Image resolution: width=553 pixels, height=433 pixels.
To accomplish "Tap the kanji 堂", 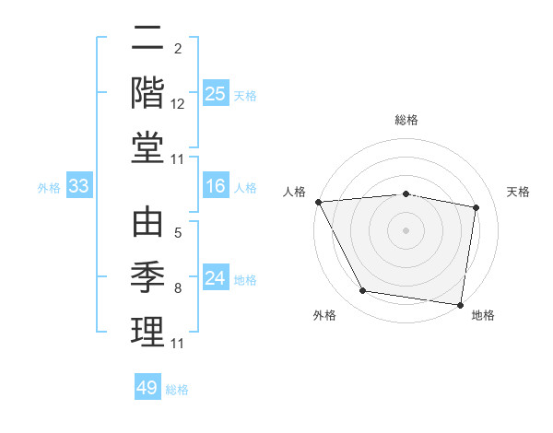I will [x=147, y=147].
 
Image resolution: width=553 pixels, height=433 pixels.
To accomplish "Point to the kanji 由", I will [x=147, y=224].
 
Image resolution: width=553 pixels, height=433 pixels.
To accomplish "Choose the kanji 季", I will [x=147, y=276].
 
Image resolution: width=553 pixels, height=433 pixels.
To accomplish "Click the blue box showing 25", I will [x=215, y=93].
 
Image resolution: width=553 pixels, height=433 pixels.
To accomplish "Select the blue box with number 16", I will [x=215, y=186].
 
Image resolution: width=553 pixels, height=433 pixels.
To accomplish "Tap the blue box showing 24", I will [x=215, y=278].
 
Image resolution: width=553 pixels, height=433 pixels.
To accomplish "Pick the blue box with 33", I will [x=78, y=186].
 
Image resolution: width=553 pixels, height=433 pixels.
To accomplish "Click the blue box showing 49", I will [x=147, y=388].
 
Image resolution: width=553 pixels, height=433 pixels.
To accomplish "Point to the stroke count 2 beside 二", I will [x=177, y=48].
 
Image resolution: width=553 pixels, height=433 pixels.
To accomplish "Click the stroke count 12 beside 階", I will [x=178, y=104].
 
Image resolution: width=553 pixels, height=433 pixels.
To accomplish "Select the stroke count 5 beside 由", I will [x=177, y=234].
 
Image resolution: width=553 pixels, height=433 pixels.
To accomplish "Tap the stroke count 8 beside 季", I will [x=177, y=288].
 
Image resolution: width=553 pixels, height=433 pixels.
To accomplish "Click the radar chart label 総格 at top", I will [x=406, y=120].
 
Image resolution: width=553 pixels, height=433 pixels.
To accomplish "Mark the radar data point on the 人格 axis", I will [x=318, y=201].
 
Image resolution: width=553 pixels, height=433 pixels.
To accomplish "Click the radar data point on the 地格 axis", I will [x=461, y=304].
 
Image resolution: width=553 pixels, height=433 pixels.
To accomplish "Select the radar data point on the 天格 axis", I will [x=477, y=207].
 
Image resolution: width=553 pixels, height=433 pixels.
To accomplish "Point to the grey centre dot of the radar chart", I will [x=406, y=229].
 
